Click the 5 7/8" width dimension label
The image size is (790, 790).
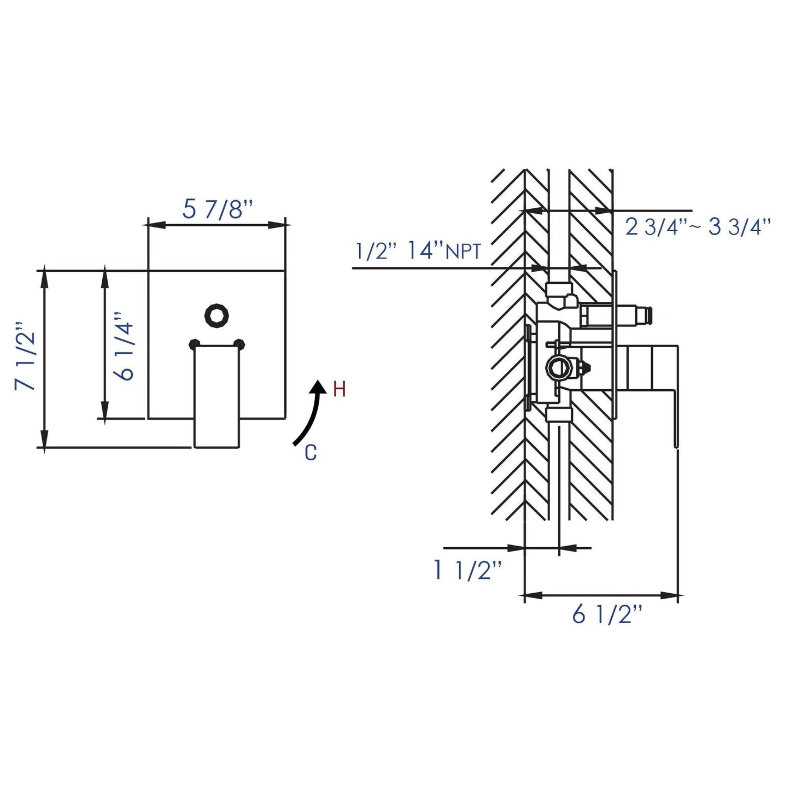(x=217, y=209)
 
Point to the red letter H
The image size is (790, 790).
(x=339, y=390)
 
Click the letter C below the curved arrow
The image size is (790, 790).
(x=311, y=453)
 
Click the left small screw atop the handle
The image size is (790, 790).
(x=194, y=344)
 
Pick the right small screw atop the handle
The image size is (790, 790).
(x=239, y=344)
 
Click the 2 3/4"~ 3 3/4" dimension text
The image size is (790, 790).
(x=698, y=227)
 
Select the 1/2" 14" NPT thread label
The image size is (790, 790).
(x=418, y=250)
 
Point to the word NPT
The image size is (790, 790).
(x=464, y=252)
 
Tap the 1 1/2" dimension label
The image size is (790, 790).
(x=467, y=570)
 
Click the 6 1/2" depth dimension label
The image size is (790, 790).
(x=606, y=615)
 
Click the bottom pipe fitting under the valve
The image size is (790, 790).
(x=558, y=414)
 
